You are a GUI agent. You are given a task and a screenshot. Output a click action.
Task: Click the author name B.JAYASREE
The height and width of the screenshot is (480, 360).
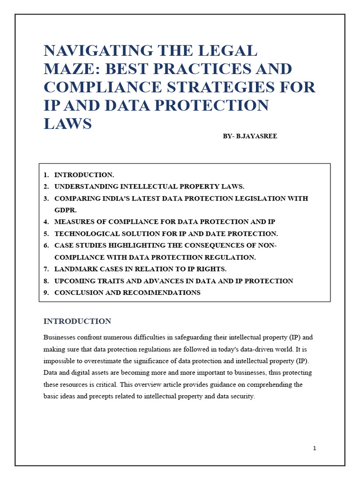coord(257,136)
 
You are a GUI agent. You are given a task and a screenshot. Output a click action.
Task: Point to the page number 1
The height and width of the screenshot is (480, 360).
coord(315,448)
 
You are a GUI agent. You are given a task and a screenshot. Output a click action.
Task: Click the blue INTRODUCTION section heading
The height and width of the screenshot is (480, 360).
coord(77,321)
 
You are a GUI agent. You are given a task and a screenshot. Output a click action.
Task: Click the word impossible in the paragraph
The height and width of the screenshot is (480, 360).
coord(60,361)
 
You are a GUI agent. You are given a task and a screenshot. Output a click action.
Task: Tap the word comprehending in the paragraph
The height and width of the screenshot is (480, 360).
coord(275,384)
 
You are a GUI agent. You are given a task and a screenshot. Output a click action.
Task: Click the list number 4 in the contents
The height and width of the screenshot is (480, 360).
coord(46,222)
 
